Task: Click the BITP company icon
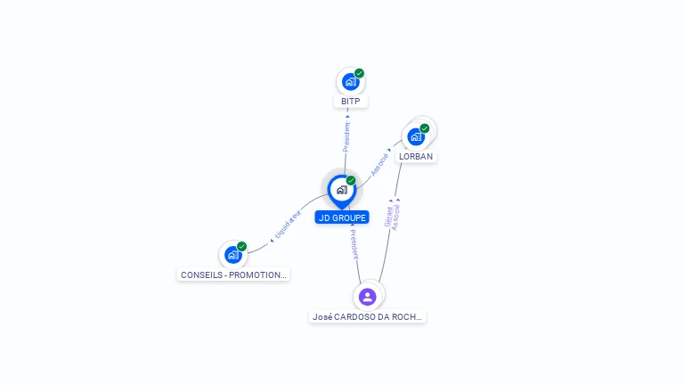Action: (x=350, y=82)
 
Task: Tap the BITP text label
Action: (x=351, y=102)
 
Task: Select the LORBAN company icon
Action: (x=415, y=137)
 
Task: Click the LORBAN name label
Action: (x=416, y=157)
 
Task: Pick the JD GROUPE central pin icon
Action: (x=341, y=190)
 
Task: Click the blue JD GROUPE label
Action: (x=342, y=217)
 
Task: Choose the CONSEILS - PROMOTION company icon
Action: (x=232, y=255)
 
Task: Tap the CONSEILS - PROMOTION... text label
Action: (x=233, y=275)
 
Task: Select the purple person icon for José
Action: (x=368, y=297)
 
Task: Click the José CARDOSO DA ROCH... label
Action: (x=368, y=316)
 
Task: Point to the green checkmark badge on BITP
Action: (x=359, y=73)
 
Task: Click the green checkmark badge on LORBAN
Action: (x=425, y=128)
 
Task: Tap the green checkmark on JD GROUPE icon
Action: (x=351, y=181)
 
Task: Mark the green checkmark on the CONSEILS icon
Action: (x=241, y=247)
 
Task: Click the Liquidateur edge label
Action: (x=288, y=224)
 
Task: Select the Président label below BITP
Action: (x=346, y=136)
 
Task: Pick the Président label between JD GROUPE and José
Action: (x=354, y=244)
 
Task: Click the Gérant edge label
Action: (x=388, y=217)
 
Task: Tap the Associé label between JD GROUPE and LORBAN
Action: (x=379, y=163)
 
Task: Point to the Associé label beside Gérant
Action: (x=397, y=217)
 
